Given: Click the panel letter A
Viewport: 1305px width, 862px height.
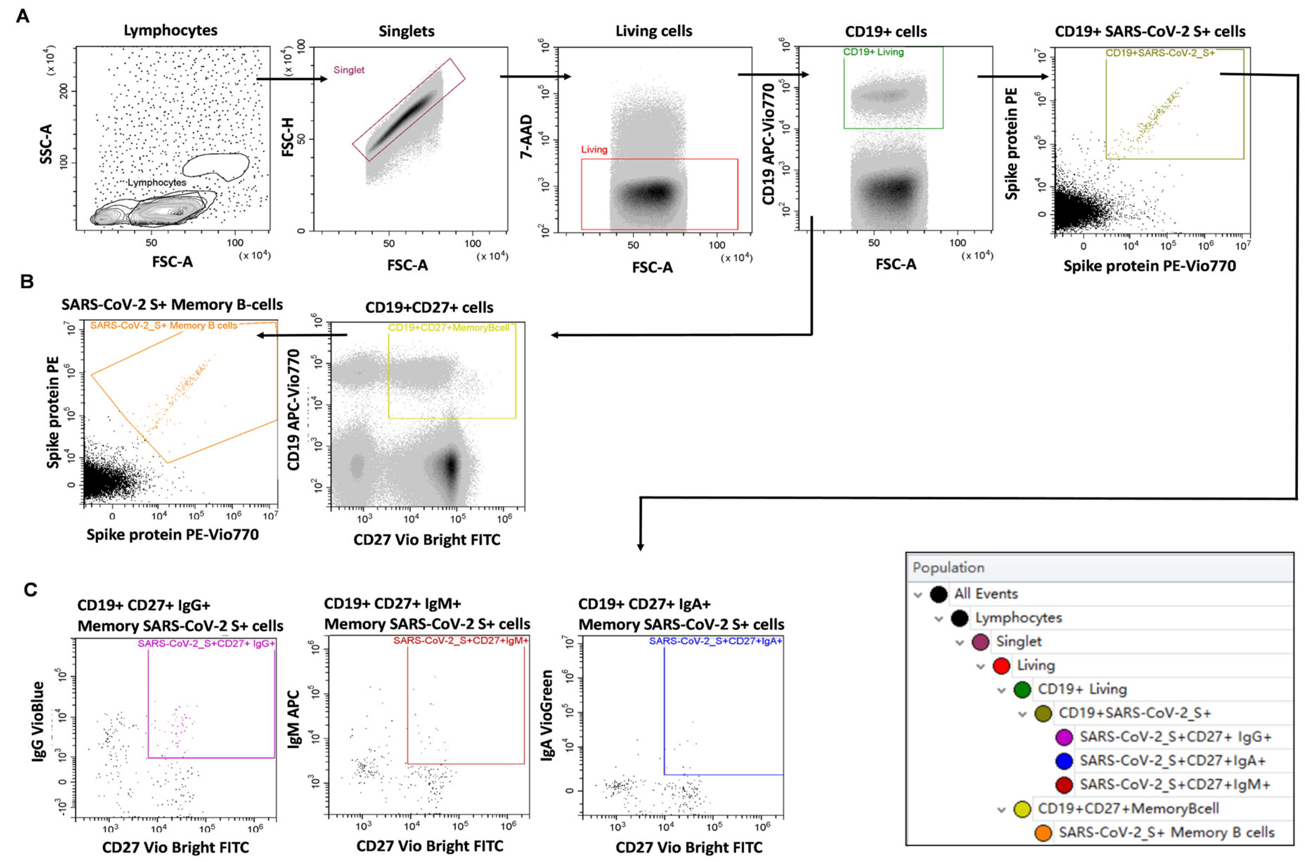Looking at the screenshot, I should click(22, 16).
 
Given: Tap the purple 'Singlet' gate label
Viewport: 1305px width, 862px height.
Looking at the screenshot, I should click(349, 70).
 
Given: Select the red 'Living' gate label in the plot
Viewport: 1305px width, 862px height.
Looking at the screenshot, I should click(594, 150).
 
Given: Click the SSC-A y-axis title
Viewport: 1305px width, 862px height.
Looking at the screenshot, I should click(46, 144).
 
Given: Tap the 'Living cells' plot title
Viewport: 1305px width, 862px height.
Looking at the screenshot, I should click(654, 31).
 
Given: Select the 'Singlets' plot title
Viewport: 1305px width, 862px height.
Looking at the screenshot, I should click(406, 31).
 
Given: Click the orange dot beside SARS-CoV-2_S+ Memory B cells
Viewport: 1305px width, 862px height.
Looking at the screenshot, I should click(1043, 832).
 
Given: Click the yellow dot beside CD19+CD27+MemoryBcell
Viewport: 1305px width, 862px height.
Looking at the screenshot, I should click(1022, 809).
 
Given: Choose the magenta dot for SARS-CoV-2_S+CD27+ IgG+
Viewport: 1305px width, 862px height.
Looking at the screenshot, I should click(1064, 737).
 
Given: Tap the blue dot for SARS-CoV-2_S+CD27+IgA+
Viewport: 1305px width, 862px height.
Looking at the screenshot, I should click(1064, 761).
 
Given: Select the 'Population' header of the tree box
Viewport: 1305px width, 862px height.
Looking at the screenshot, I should click(948, 567).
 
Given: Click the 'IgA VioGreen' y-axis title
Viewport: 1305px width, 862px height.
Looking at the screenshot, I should click(547, 715).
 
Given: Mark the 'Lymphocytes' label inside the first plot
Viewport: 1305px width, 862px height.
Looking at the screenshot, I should click(157, 182).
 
